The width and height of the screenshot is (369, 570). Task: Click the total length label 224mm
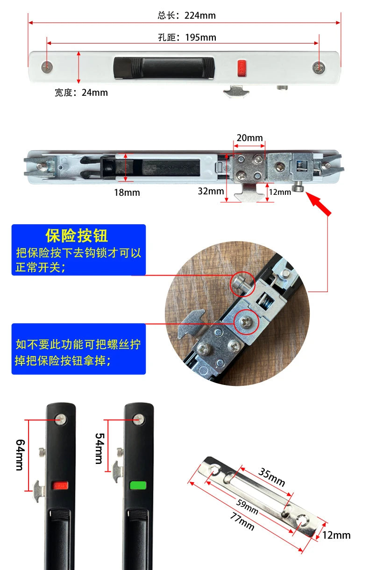(186, 15)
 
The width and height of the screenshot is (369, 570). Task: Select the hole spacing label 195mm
(187, 37)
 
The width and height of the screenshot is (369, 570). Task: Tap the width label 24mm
(81, 93)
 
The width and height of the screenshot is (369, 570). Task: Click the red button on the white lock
(241, 67)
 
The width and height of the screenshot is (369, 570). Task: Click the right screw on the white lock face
(319, 68)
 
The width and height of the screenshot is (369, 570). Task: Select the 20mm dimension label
(249, 138)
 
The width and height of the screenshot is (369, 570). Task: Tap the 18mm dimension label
(127, 192)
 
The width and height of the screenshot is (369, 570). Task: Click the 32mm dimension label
(211, 191)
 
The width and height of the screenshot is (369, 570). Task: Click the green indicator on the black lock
(139, 485)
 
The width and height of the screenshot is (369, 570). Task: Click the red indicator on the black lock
(60, 486)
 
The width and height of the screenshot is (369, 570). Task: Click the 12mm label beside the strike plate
(336, 535)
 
